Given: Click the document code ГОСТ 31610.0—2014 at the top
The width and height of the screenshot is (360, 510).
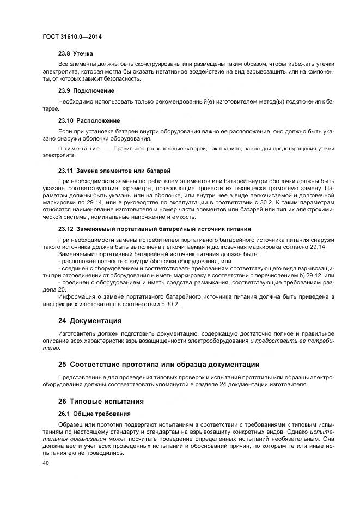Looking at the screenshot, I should (x=72, y=37).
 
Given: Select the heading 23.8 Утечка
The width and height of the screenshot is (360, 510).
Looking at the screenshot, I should (x=75, y=54).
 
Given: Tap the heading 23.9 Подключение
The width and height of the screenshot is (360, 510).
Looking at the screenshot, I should (x=86, y=90).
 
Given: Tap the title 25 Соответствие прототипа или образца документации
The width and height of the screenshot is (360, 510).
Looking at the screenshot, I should (x=159, y=363).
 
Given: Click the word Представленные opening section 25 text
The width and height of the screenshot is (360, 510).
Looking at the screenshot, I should (x=84, y=376).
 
